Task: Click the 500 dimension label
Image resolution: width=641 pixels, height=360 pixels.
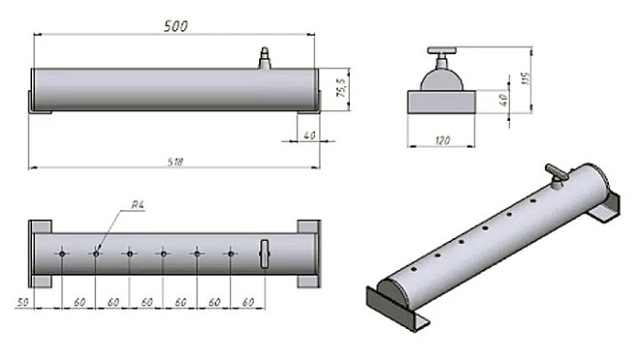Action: click(x=176, y=27)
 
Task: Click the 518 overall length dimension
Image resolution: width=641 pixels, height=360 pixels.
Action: click(x=176, y=162)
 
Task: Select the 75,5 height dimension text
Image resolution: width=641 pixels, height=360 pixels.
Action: click(x=342, y=88)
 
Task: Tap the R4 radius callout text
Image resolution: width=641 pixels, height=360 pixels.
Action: click(x=137, y=205)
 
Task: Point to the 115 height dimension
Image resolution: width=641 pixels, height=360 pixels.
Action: click(x=526, y=79)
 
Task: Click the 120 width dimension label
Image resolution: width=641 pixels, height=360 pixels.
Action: click(x=442, y=140)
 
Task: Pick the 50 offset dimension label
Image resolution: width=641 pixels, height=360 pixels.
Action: click(x=23, y=302)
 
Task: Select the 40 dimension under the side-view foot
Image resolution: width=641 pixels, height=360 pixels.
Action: click(x=310, y=135)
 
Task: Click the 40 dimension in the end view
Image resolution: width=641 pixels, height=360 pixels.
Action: click(x=504, y=100)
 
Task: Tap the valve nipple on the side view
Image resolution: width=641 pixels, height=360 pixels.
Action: click(x=265, y=58)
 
